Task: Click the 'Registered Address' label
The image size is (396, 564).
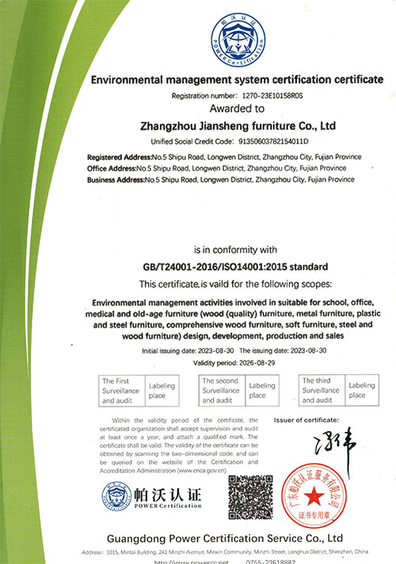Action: (x=116, y=157)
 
